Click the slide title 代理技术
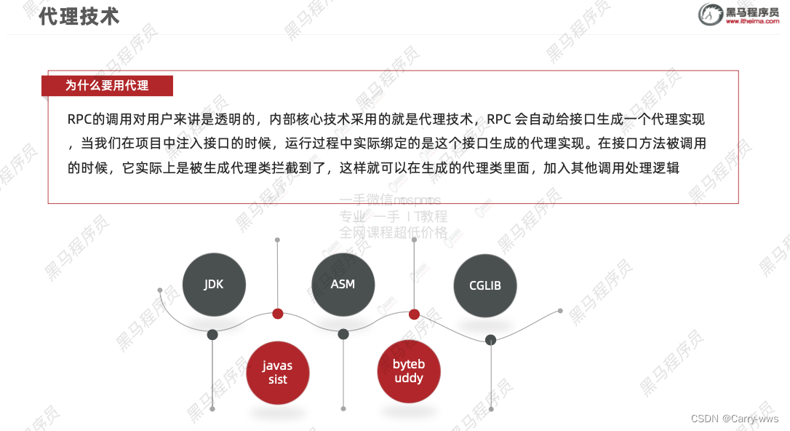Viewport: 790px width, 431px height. coord(79,17)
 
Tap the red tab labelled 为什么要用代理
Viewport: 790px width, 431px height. coord(107,86)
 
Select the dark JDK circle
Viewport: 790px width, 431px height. coord(214,285)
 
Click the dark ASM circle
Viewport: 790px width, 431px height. coord(343,284)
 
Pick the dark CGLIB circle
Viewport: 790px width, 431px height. coord(485,285)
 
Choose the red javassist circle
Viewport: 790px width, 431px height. coord(278,373)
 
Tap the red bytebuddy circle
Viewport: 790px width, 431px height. coord(409,371)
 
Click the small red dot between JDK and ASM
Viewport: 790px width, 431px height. coord(277,314)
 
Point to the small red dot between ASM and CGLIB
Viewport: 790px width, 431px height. coord(414,314)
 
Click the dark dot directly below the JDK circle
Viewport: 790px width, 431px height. coord(212,335)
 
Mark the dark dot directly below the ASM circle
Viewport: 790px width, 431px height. coord(343,334)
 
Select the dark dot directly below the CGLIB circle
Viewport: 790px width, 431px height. coord(491,339)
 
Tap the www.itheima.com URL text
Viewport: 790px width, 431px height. coord(752,22)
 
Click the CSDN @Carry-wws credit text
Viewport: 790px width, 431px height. coord(735,419)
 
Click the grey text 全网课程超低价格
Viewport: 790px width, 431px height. coord(394,232)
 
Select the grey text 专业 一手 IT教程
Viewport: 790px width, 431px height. coord(394,216)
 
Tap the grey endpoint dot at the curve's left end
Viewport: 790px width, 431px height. coord(160,290)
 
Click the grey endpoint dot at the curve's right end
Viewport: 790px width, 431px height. coord(560,310)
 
